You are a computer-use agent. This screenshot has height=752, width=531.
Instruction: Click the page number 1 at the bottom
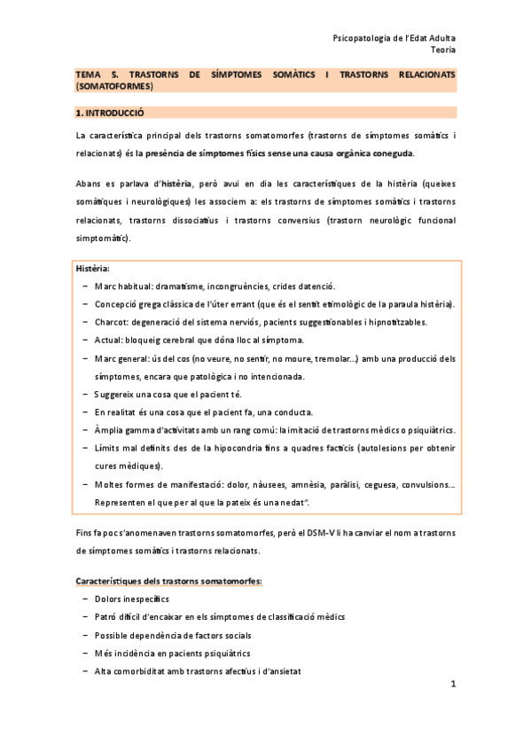452,684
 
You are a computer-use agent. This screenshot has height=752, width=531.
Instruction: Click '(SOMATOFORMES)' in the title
115,88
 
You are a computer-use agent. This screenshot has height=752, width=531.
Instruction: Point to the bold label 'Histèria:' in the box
93,268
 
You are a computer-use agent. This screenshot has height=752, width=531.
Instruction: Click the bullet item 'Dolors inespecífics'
131,599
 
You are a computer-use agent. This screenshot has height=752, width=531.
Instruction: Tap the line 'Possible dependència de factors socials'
172,635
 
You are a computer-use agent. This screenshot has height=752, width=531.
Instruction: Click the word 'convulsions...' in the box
428,484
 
